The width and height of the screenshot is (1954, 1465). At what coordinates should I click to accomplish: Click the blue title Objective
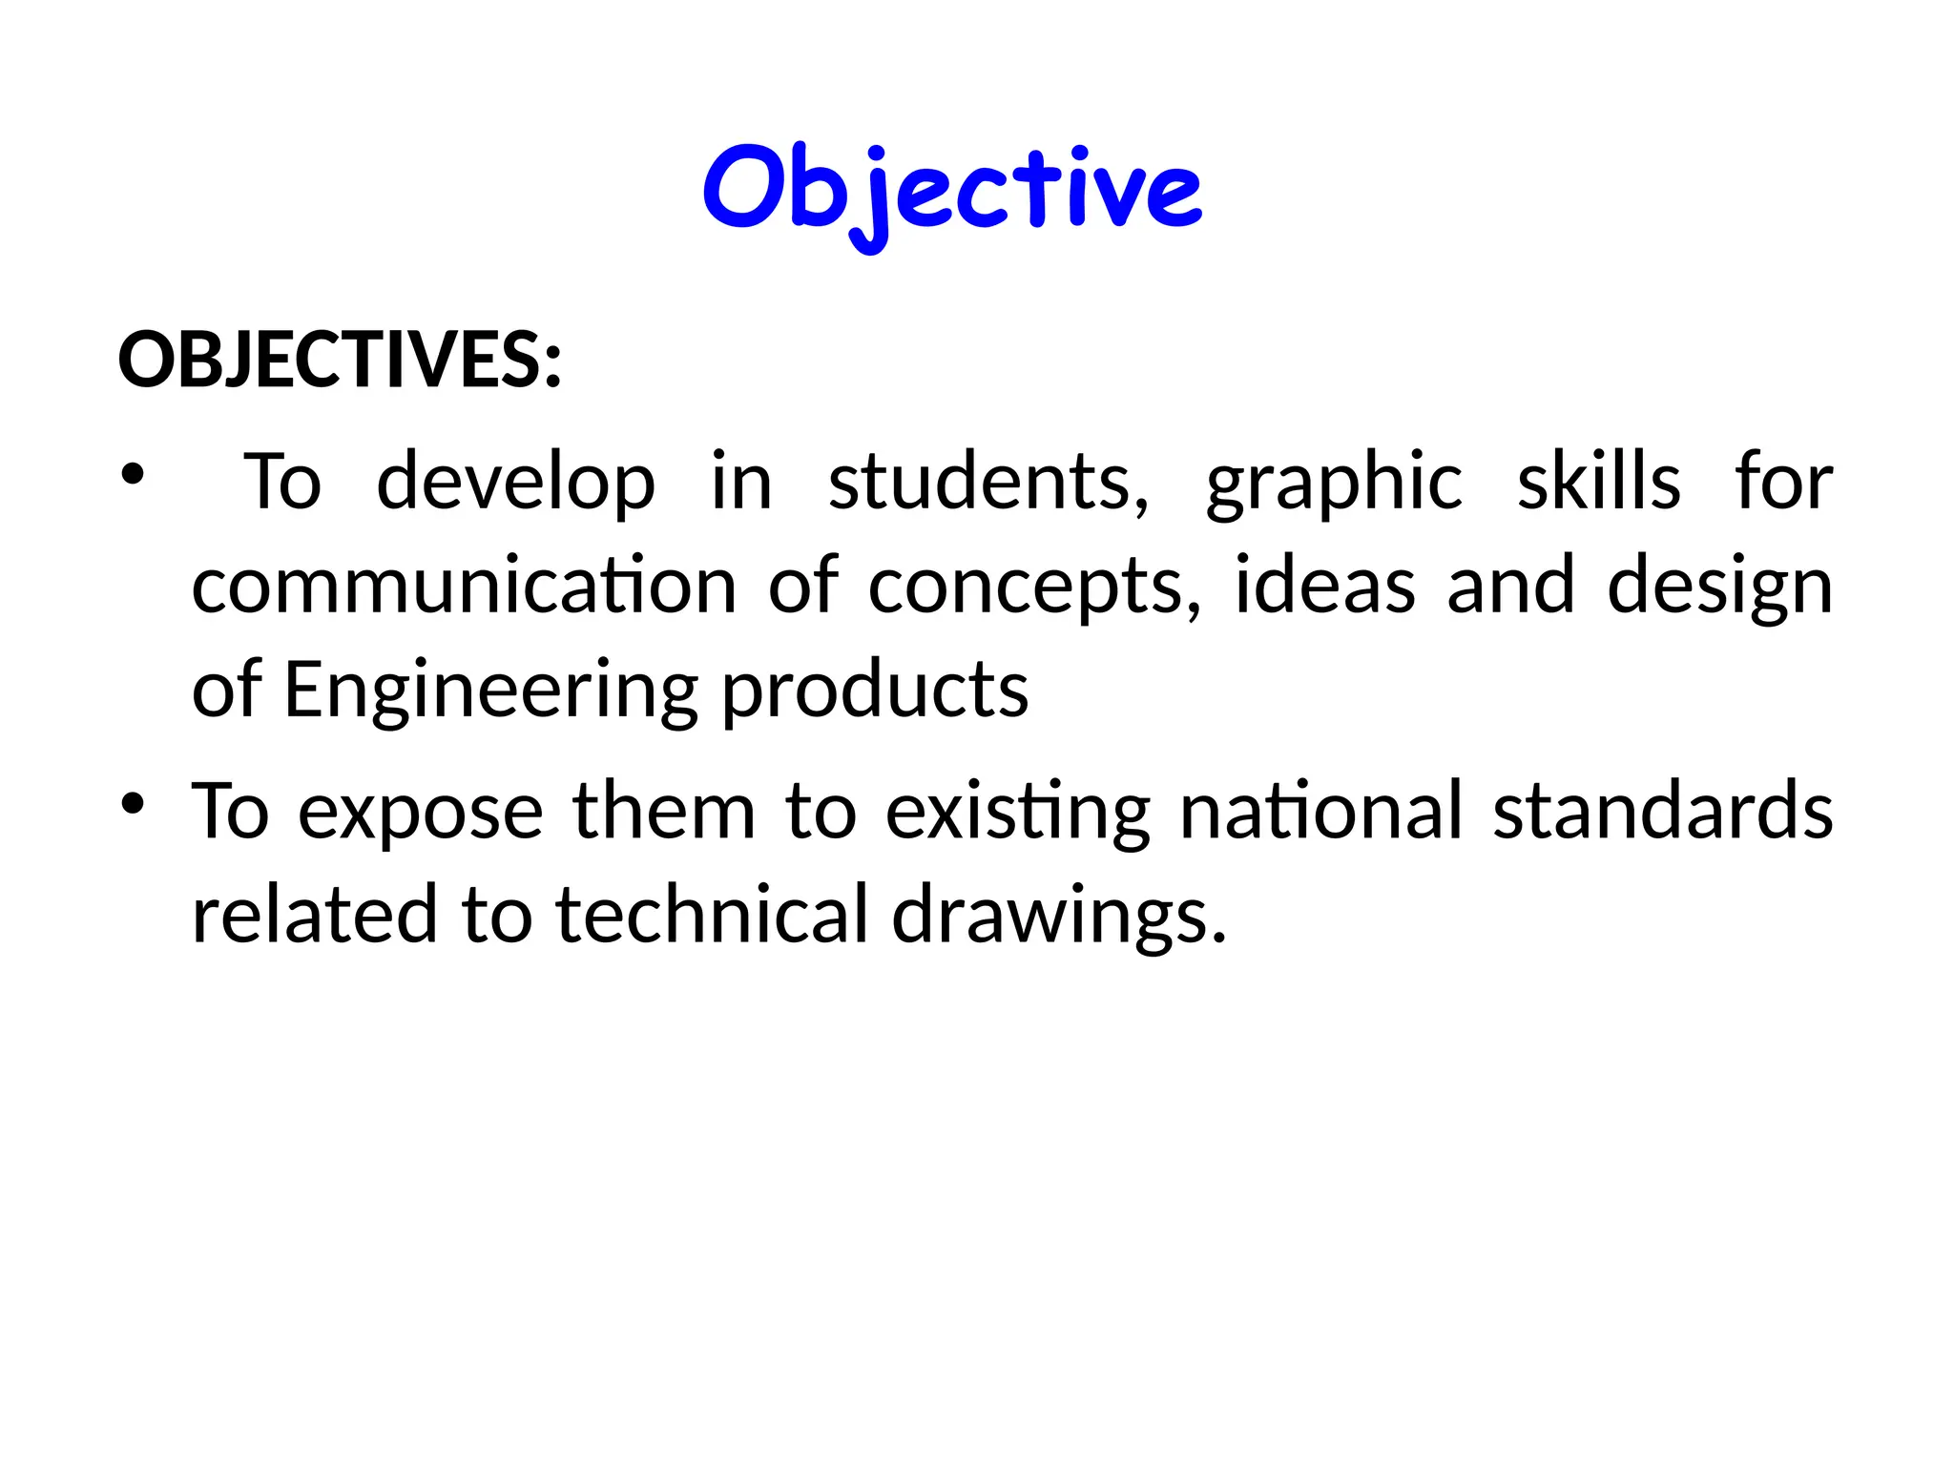(x=952, y=191)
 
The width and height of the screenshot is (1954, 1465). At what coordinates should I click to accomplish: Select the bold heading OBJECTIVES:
(x=340, y=361)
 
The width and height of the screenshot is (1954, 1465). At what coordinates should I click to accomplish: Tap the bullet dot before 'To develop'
(x=133, y=474)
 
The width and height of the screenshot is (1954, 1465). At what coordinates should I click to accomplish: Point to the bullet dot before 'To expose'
(x=133, y=803)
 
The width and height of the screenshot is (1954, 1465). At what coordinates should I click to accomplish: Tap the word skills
(x=1598, y=482)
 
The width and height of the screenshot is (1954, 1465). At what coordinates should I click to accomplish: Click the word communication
(x=464, y=585)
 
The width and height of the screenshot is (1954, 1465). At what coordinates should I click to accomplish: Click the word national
(x=1321, y=812)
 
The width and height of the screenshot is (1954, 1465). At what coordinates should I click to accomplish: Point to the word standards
(x=1663, y=812)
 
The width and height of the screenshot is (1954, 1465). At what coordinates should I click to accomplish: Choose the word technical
(x=712, y=915)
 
